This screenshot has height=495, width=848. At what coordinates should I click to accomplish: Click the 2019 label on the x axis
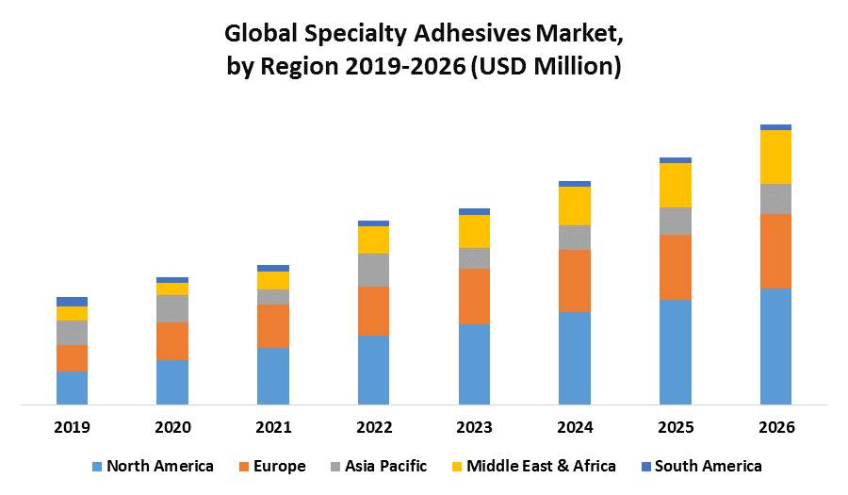click(73, 427)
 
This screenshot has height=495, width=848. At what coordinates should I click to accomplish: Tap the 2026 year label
click(775, 427)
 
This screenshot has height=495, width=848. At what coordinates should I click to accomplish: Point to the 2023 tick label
click(474, 427)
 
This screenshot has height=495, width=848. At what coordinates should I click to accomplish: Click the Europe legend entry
click(272, 466)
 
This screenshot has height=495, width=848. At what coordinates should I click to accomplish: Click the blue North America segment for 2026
click(775, 346)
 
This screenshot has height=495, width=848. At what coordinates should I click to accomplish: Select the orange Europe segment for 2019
click(73, 357)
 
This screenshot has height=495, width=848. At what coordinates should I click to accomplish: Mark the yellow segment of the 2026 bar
click(775, 157)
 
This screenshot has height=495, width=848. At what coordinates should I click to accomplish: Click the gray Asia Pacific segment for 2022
click(374, 270)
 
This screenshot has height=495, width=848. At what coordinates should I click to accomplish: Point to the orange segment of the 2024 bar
click(575, 281)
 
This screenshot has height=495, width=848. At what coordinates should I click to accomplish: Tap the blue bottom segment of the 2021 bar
click(273, 376)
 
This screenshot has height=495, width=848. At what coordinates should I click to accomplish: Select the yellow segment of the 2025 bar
click(676, 185)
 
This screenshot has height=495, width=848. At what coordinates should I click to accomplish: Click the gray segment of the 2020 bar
click(172, 308)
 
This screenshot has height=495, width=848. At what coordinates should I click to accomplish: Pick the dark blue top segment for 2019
click(73, 302)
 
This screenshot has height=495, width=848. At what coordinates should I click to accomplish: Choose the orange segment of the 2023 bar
click(474, 296)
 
